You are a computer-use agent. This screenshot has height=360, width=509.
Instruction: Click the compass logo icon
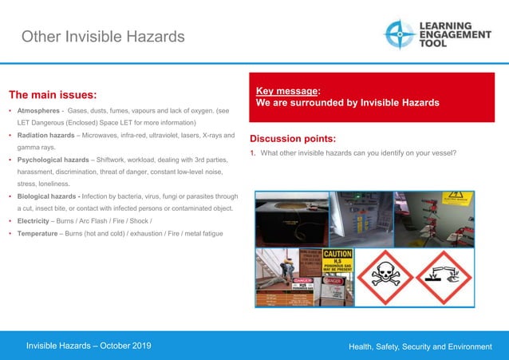(399, 34)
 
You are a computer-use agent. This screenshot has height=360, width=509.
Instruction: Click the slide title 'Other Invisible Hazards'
(102, 37)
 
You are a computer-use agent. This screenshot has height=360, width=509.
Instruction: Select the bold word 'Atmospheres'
(38, 110)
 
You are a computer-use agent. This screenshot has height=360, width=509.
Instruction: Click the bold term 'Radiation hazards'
(48, 136)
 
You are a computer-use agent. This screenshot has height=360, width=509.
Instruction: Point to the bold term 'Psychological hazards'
(54, 160)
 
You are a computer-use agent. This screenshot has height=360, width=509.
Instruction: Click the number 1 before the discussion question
(252, 154)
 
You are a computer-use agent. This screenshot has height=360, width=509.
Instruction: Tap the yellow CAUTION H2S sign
(337, 261)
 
